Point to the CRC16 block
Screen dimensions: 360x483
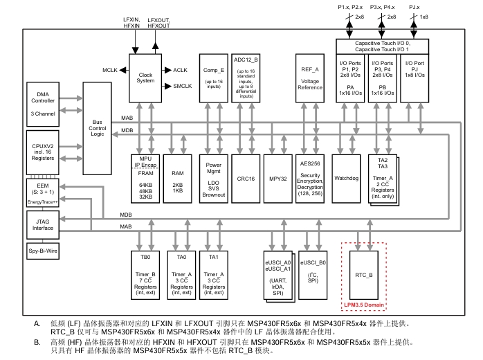click(x=246, y=178)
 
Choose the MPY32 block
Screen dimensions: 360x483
click(x=278, y=178)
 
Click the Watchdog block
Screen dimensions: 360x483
click(x=346, y=178)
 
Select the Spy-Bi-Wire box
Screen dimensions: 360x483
click(x=42, y=254)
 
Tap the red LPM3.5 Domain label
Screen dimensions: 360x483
click(x=363, y=304)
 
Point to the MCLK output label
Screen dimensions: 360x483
click(x=109, y=71)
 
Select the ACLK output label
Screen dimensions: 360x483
click(x=181, y=71)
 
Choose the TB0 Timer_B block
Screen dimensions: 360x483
click(x=145, y=273)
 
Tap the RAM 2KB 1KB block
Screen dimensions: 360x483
click(x=178, y=178)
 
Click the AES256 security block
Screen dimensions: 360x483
click(x=310, y=178)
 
